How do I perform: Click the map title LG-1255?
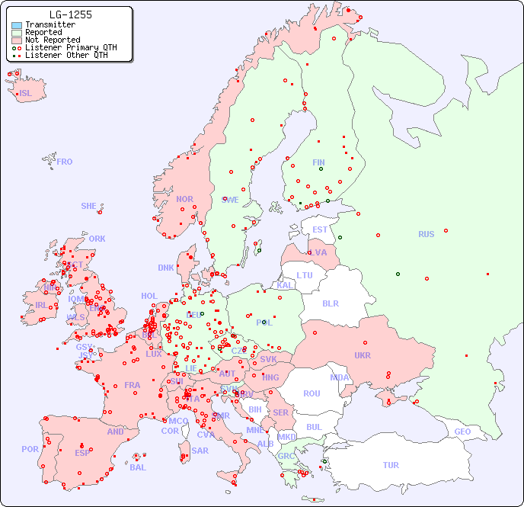[x=70, y=14]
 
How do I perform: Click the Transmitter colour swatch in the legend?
[x=17, y=25]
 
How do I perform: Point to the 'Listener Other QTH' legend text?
[x=71, y=55]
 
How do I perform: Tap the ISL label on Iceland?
[x=26, y=94]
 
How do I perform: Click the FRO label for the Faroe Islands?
[x=65, y=162]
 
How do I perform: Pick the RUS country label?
[x=426, y=234]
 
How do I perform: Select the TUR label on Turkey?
[x=391, y=465]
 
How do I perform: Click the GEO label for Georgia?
[x=462, y=432]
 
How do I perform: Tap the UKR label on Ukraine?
[x=363, y=355]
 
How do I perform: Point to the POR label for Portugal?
[x=30, y=449]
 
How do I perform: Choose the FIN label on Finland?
[x=318, y=162]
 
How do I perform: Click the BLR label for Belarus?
[x=330, y=303]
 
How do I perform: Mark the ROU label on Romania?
[x=312, y=393]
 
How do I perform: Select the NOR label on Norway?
[x=184, y=199]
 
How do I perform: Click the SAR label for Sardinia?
[x=200, y=451]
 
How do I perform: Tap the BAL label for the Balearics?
[x=137, y=467]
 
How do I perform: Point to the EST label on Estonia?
[x=320, y=229]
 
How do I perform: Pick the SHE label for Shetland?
[x=89, y=206]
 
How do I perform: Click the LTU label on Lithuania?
[x=305, y=275]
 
